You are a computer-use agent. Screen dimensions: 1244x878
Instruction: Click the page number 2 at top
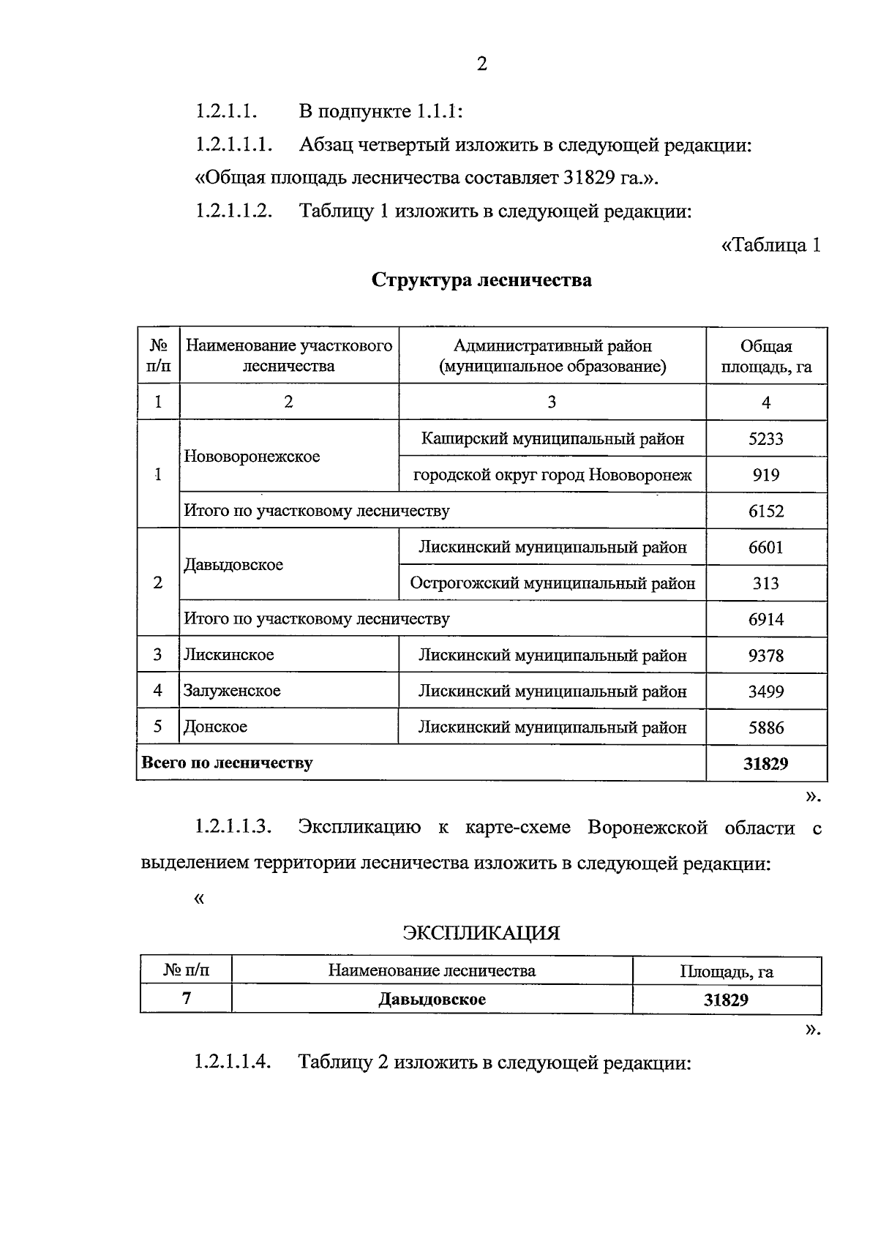(x=481, y=64)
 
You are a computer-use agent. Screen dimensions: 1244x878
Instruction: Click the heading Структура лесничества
(x=481, y=280)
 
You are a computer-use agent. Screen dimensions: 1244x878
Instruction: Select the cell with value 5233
(x=765, y=439)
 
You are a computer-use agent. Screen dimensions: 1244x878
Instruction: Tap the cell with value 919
(x=765, y=475)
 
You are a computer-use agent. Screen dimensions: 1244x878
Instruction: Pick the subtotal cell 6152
(x=765, y=511)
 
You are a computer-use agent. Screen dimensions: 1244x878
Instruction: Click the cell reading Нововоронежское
(x=252, y=457)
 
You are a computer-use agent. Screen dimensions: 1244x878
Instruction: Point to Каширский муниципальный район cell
(x=552, y=439)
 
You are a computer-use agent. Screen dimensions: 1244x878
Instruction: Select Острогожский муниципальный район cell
(x=552, y=583)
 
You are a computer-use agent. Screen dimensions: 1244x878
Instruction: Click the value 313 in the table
(x=765, y=583)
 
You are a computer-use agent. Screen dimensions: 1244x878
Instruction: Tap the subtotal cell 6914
(x=765, y=619)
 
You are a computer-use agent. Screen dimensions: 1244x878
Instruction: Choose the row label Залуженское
(x=232, y=691)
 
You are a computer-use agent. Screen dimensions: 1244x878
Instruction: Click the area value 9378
(x=765, y=655)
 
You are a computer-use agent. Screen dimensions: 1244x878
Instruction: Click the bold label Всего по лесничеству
(x=227, y=762)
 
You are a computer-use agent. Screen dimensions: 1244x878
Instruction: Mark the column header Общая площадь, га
(x=765, y=356)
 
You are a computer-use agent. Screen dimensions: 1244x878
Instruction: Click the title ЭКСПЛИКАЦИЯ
(x=481, y=933)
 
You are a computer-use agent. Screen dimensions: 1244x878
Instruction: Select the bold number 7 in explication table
(x=187, y=998)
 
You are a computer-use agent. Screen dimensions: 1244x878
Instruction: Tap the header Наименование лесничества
(x=432, y=971)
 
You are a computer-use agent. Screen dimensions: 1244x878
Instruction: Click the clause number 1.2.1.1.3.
(x=233, y=828)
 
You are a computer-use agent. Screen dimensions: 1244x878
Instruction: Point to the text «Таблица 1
(x=770, y=245)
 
